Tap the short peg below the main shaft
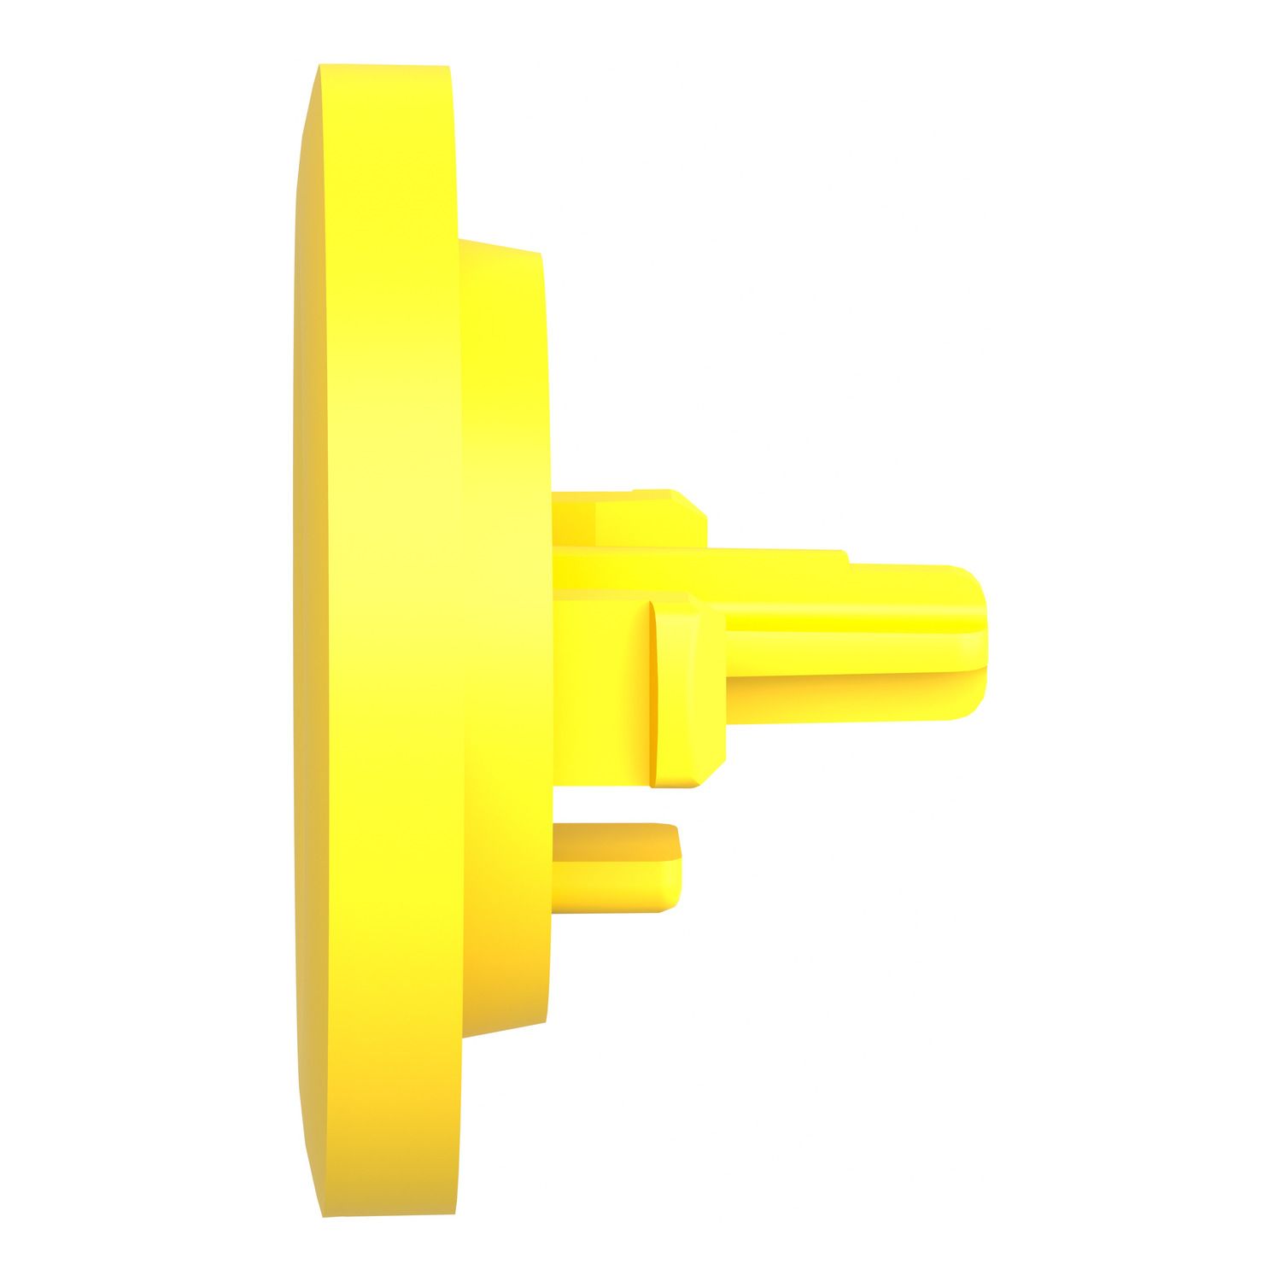click(615, 867)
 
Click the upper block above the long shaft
click(628, 519)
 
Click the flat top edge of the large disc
click(384, 67)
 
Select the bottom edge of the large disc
click(389, 1214)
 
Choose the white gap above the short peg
click(615, 803)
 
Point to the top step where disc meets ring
click(460, 240)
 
